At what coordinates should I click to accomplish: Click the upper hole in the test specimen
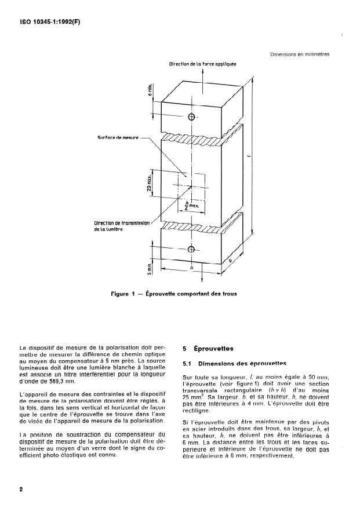click(191, 117)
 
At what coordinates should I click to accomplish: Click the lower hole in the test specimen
click(191, 250)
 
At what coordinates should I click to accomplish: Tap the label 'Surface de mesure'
click(118, 138)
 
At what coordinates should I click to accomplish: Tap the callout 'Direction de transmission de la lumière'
click(122, 226)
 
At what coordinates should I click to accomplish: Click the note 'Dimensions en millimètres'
click(300, 54)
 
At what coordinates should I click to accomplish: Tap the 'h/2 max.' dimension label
click(190, 205)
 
